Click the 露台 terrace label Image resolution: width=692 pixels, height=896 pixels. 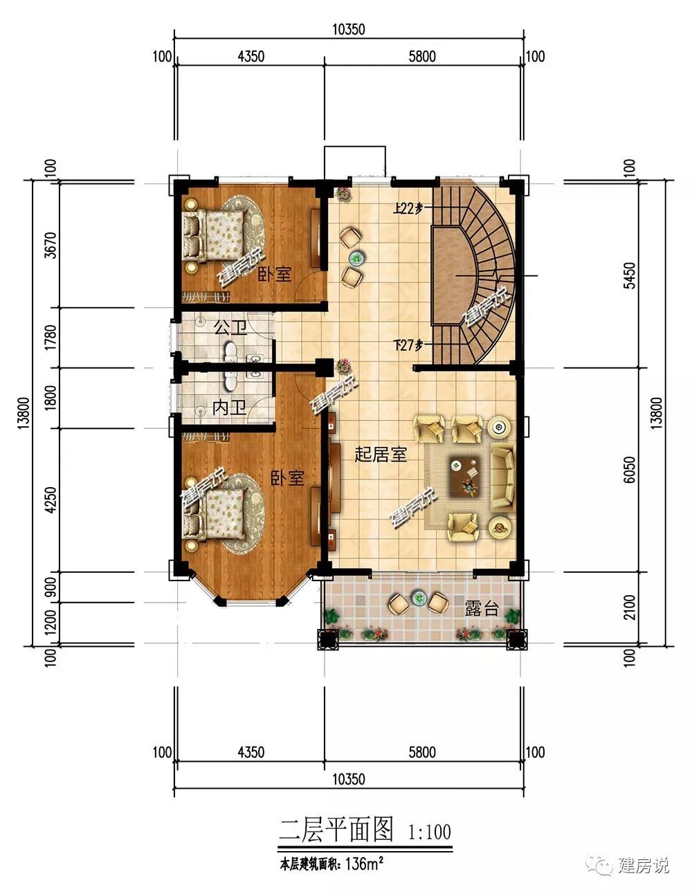tap(482, 608)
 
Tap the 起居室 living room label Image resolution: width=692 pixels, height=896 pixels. tap(380, 455)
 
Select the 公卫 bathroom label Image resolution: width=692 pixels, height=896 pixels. tap(230, 327)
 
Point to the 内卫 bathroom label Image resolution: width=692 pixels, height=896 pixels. tap(229, 408)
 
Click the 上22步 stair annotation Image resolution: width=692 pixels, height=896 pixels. tap(408, 208)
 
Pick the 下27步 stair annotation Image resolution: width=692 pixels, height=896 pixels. tap(408, 345)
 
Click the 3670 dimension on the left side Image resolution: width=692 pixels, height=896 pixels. tap(51, 246)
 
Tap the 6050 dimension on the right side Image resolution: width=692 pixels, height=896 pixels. tap(629, 470)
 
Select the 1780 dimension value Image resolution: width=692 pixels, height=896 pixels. tap(51, 337)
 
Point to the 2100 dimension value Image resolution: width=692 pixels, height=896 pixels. tap(629, 607)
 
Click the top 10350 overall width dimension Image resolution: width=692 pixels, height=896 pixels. tap(349, 30)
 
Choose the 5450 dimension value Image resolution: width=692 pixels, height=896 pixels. tap(629, 275)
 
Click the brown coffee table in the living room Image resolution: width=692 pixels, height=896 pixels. tap(466, 476)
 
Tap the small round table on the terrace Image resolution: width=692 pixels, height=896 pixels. tap(419, 596)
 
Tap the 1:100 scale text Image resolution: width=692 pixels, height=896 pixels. tap(429, 832)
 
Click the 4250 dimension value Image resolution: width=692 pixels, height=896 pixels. tap(51, 500)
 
